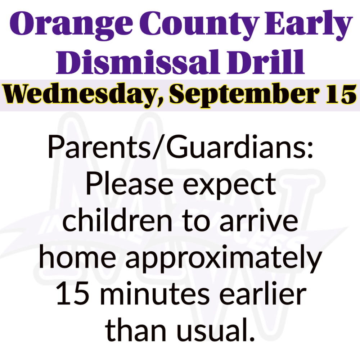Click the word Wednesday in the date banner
click(81, 95)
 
